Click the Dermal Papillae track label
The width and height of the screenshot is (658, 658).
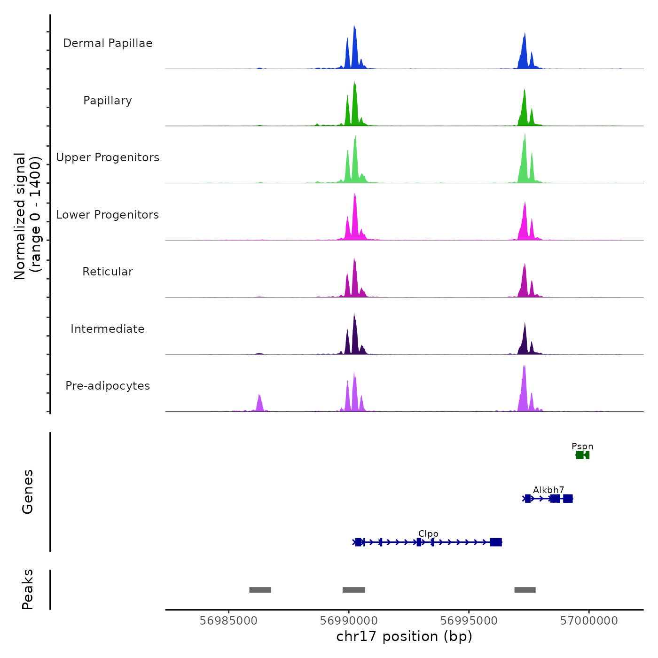(108, 43)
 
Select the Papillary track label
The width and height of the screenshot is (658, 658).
(108, 101)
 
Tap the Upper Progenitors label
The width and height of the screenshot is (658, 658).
(108, 157)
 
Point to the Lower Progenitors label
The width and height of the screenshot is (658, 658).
(108, 215)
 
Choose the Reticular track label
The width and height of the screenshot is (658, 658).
(108, 272)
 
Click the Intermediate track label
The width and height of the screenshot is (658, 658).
(108, 329)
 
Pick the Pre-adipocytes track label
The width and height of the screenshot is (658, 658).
(108, 386)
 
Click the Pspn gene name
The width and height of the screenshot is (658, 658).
(582, 446)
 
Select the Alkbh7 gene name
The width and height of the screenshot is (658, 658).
(548, 490)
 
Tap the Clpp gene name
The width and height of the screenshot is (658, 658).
(428, 534)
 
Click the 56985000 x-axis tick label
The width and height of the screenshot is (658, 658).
(228, 621)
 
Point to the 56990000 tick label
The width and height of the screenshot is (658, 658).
(349, 621)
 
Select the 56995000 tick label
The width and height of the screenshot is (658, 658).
(469, 621)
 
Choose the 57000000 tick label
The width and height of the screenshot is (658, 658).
(589, 621)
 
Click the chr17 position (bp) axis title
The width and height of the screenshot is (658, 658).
(404, 636)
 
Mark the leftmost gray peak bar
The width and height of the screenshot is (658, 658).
(260, 590)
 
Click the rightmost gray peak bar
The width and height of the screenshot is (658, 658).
(525, 590)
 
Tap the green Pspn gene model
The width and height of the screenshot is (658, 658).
(582, 455)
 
